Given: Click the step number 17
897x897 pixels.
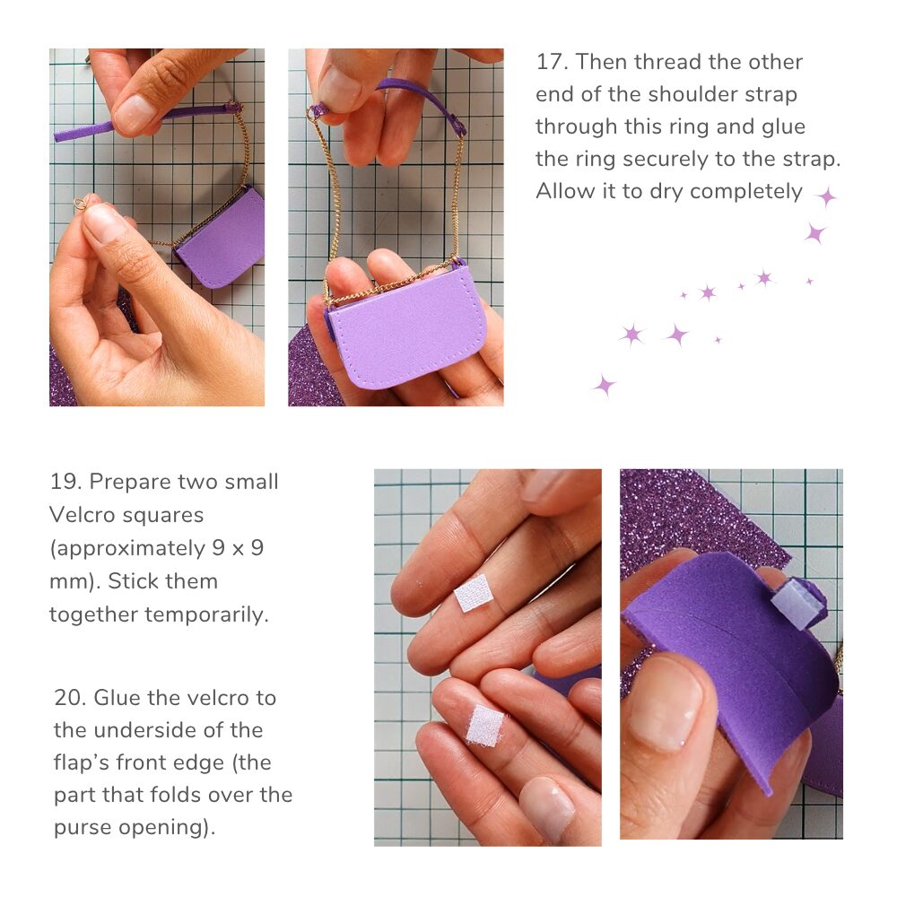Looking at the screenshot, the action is [551, 62].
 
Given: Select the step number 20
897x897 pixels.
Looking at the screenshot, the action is [70, 698].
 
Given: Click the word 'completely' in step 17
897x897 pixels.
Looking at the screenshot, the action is [746, 192].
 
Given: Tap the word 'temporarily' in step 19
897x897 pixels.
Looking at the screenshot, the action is [206, 615].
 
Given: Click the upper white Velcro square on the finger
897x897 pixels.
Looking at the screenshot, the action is [474, 593].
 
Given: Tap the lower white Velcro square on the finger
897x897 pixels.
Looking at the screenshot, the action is [485, 726].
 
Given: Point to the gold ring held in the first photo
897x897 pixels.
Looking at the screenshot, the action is [82, 203].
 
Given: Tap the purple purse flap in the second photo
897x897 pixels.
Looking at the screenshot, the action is [407, 327].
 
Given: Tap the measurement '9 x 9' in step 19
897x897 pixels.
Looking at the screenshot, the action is [238, 548].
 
